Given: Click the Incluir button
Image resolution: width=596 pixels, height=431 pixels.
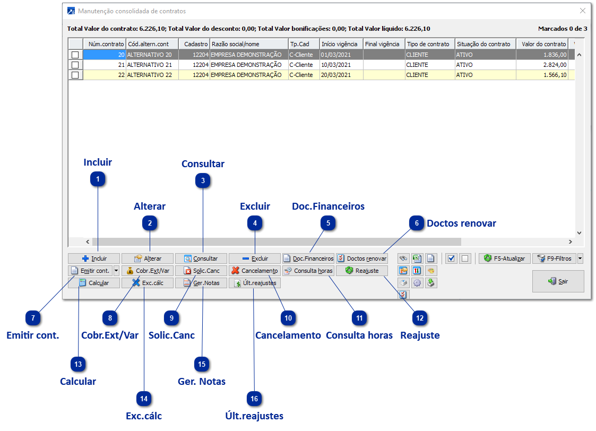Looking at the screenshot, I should [94, 258].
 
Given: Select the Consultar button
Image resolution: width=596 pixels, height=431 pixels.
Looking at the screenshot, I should [201, 258].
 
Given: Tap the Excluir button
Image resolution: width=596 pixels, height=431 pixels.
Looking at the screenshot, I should [255, 258].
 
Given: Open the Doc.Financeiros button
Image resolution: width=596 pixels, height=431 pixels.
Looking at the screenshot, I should [308, 258].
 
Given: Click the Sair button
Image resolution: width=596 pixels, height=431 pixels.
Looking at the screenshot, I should [558, 281].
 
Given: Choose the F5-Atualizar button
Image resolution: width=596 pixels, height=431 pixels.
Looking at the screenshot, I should [505, 258].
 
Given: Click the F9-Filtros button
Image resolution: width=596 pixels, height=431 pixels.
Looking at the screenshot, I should [555, 258].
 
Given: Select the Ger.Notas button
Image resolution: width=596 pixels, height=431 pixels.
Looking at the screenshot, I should [201, 283].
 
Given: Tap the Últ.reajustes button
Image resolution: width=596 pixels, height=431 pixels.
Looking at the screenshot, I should [255, 283].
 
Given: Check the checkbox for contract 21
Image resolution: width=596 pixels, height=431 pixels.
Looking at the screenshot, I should [75, 65].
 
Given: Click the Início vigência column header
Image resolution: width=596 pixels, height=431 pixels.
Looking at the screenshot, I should [340, 44].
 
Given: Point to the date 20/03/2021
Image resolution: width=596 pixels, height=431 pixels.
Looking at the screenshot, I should [336, 75].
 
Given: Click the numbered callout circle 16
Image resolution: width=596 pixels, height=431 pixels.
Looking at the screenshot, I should [254, 398].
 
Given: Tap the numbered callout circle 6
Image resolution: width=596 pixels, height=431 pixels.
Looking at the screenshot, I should [417, 223].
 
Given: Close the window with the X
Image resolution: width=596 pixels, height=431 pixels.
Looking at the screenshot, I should [583, 11].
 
